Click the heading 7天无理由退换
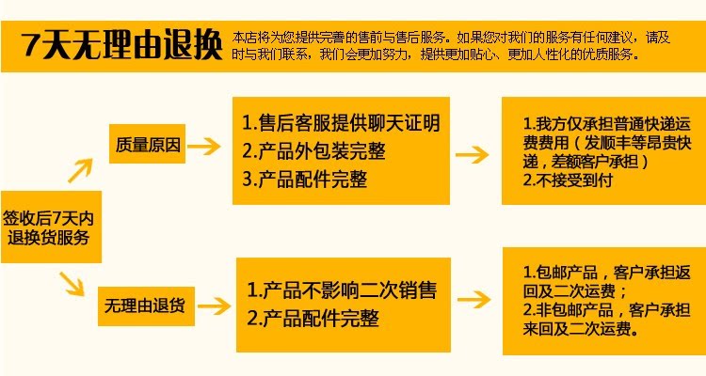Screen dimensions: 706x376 122,43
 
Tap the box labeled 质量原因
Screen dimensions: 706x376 148,146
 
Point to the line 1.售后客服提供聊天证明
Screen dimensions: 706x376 341,123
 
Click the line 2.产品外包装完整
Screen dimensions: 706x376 313,151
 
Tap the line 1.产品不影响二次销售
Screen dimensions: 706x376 342,290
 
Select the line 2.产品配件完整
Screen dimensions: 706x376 313,319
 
